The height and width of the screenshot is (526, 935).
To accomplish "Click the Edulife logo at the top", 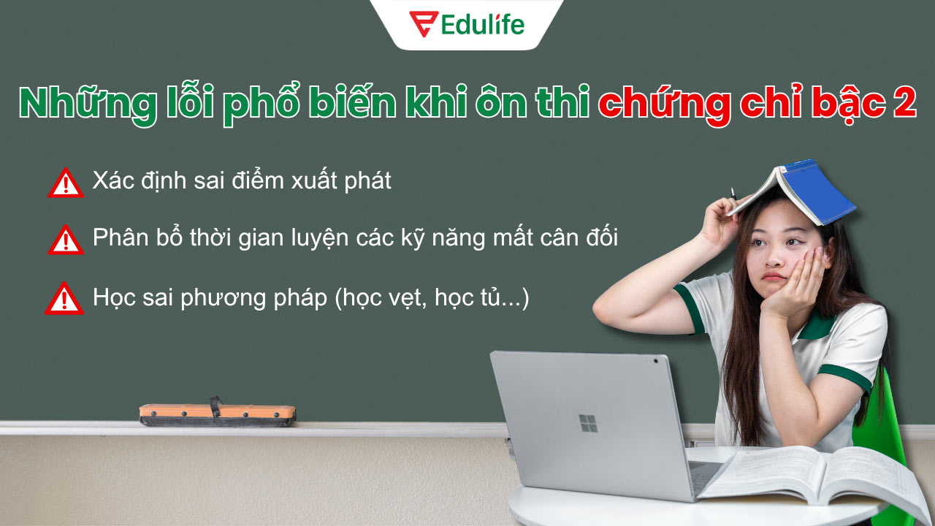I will click(x=467, y=24).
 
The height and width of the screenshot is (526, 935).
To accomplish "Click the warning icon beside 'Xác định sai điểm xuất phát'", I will click(x=66, y=183).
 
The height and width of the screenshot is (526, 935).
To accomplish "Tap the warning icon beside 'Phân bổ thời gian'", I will click(x=66, y=240).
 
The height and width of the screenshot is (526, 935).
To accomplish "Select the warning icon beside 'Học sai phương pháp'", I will click(x=64, y=299).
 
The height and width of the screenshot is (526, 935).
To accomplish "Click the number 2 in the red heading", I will click(x=904, y=104).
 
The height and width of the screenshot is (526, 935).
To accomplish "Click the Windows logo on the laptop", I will click(x=588, y=423).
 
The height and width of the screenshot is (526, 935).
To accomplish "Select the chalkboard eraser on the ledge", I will click(x=218, y=413).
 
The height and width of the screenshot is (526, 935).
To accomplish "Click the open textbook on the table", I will click(x=811, y=475).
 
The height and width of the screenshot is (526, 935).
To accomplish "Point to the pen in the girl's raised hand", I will click(x=733, y=193).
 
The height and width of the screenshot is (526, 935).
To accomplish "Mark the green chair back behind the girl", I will click(x=880, y=424).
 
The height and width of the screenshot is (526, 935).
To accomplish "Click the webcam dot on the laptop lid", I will click(x=655, y=361).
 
